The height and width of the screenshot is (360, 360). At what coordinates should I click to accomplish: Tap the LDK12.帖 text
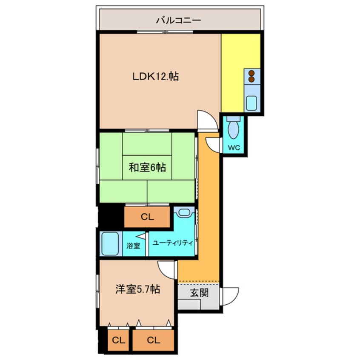coord(155,77)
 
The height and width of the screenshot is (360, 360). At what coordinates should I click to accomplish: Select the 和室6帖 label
coord(147,168)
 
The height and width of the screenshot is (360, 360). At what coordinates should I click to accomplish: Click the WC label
coord(234,148)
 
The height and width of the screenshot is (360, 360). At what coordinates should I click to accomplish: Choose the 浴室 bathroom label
coord(133,246)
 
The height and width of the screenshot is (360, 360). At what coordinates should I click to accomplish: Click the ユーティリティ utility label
coord(172,243)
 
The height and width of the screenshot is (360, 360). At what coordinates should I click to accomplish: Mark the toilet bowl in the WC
coord(234,129)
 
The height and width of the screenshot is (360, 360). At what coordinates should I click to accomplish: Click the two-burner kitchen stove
coord(251,76)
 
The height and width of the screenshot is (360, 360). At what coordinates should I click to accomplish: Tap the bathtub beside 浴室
coord(110,244)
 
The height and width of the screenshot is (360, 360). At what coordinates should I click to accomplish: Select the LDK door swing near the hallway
coord(206,120)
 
